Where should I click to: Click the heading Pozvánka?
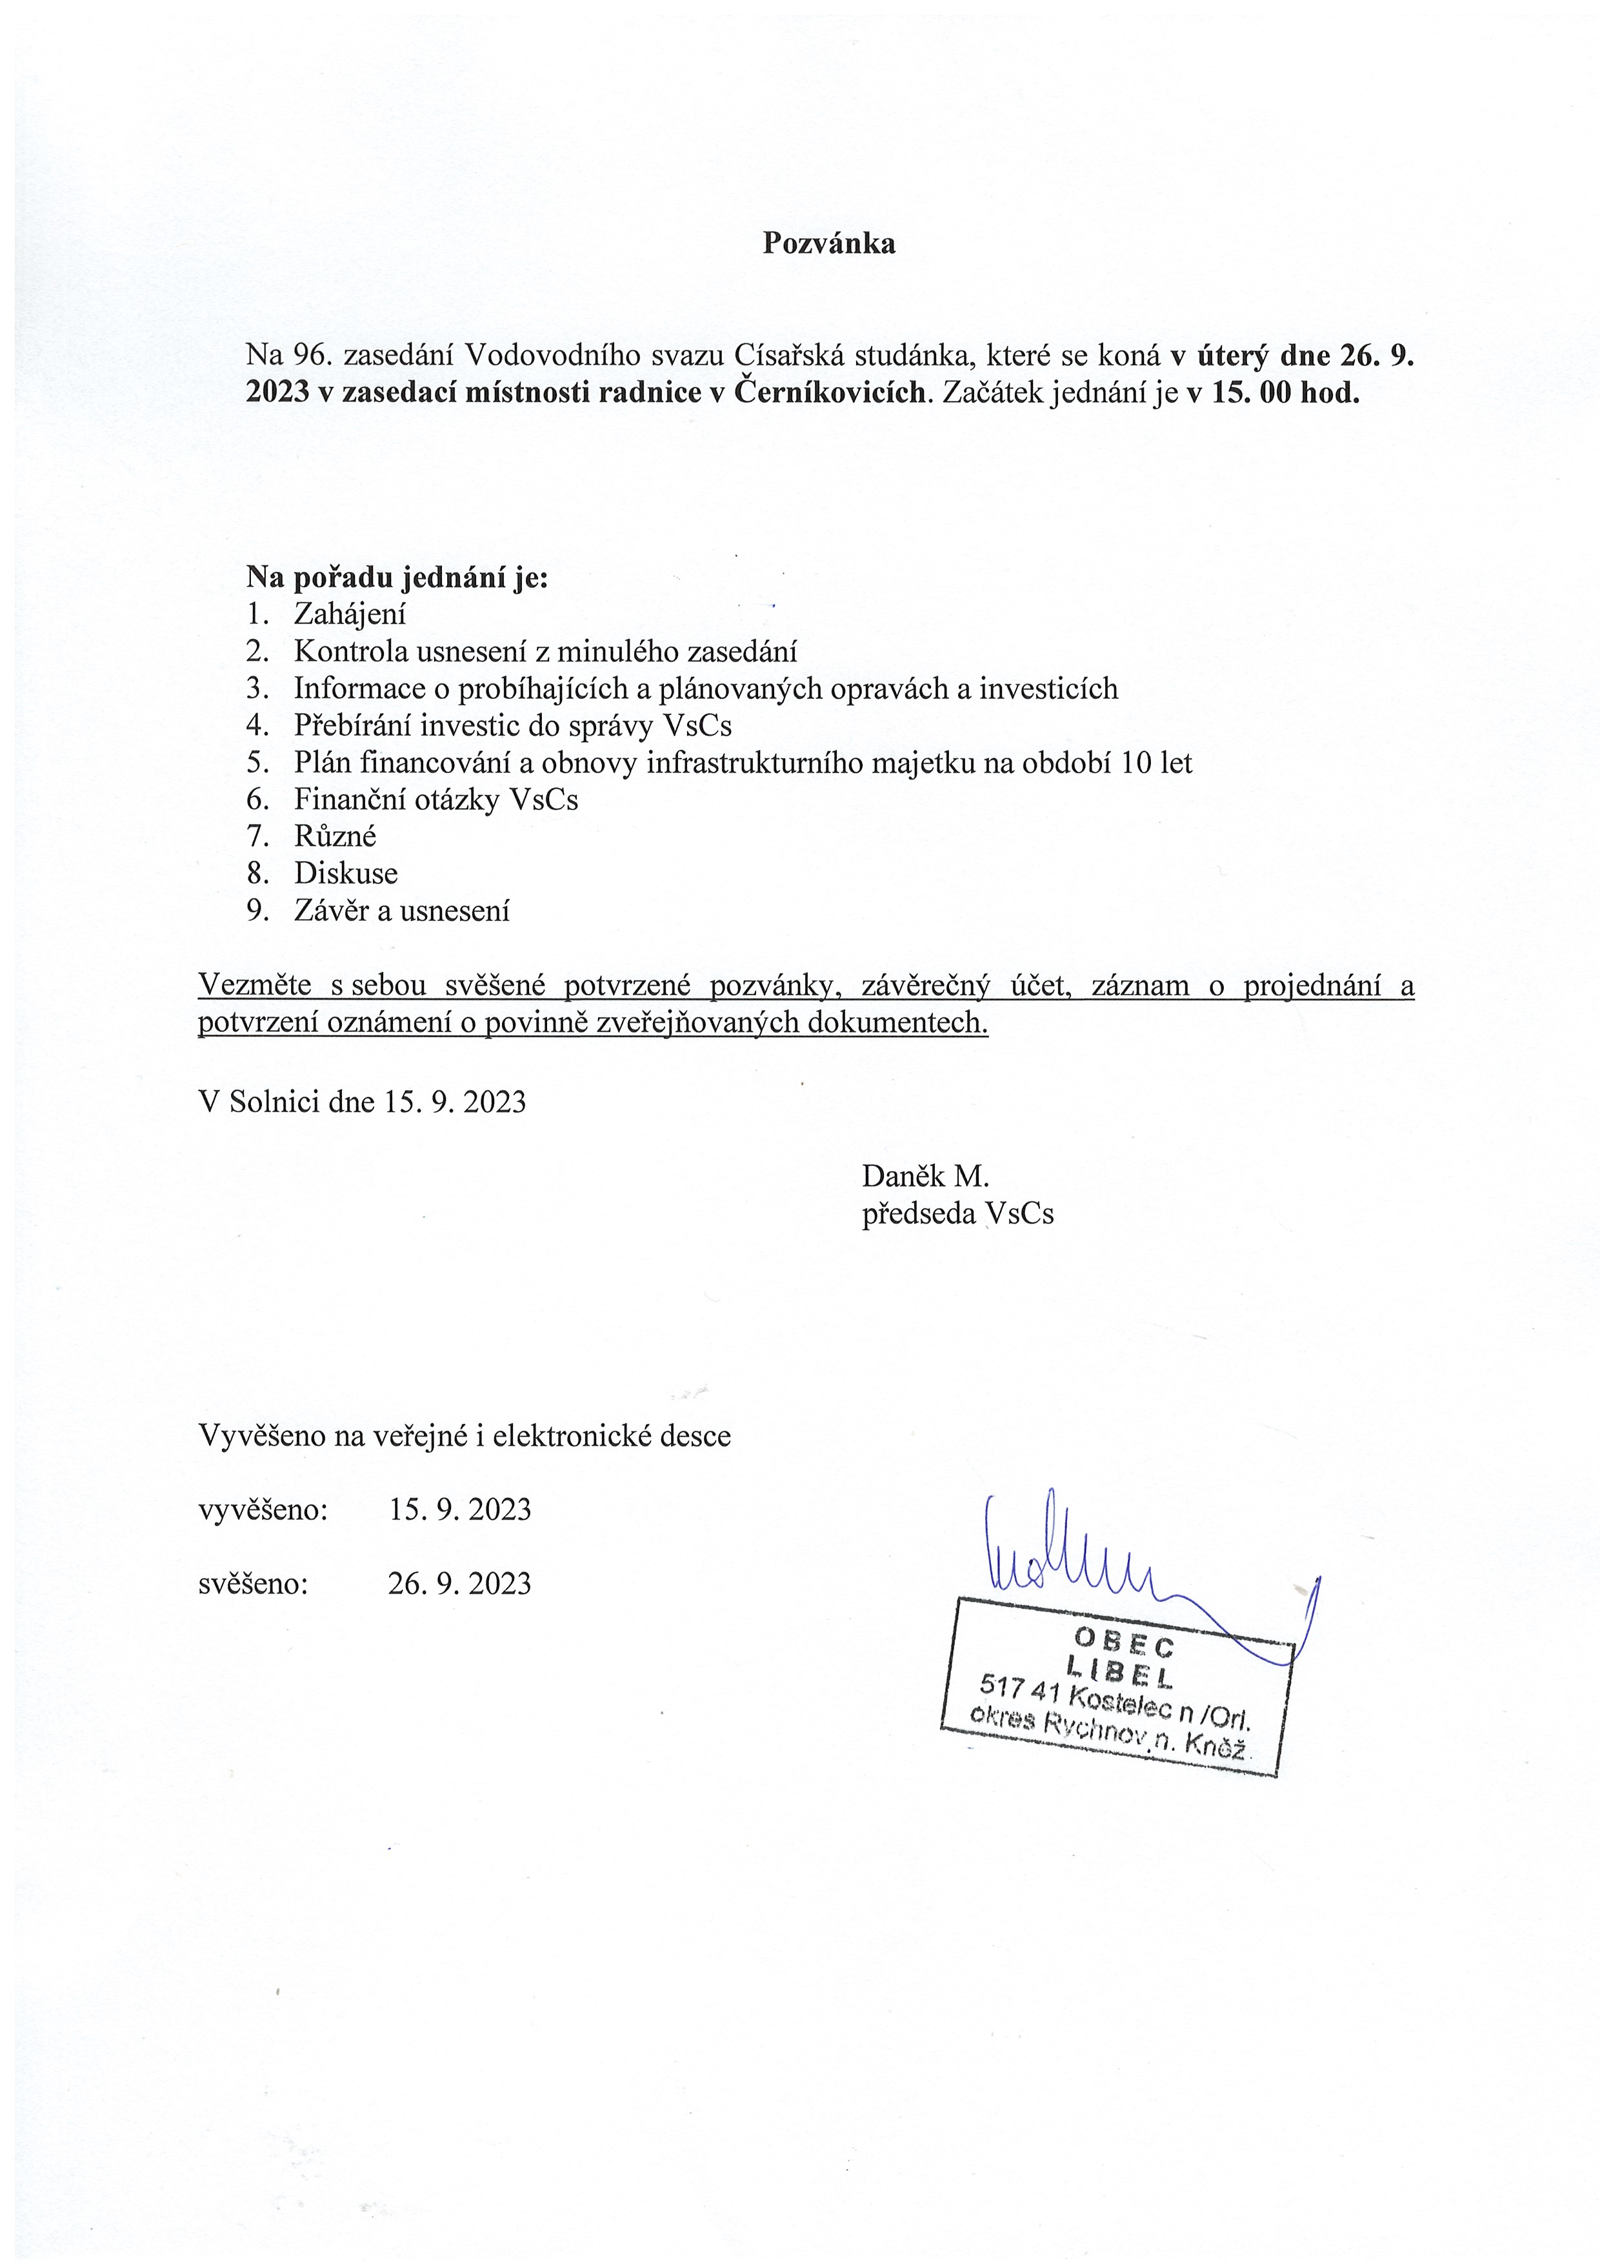pyautogui.click(x=828, y=243)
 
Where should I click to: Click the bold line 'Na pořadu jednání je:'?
pyautogui.click(x=396, y=577)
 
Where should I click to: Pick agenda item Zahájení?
pyautogui.click(x=349, y=614)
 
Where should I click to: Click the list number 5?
pyautogui.click(x=257, y=762)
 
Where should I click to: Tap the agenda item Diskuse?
pyautogui.click(x=345, y=874)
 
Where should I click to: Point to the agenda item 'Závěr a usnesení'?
pyautogui.click(x=401, y=910)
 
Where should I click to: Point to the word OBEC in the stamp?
pyautogui.click(x=1124, y=1641)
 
